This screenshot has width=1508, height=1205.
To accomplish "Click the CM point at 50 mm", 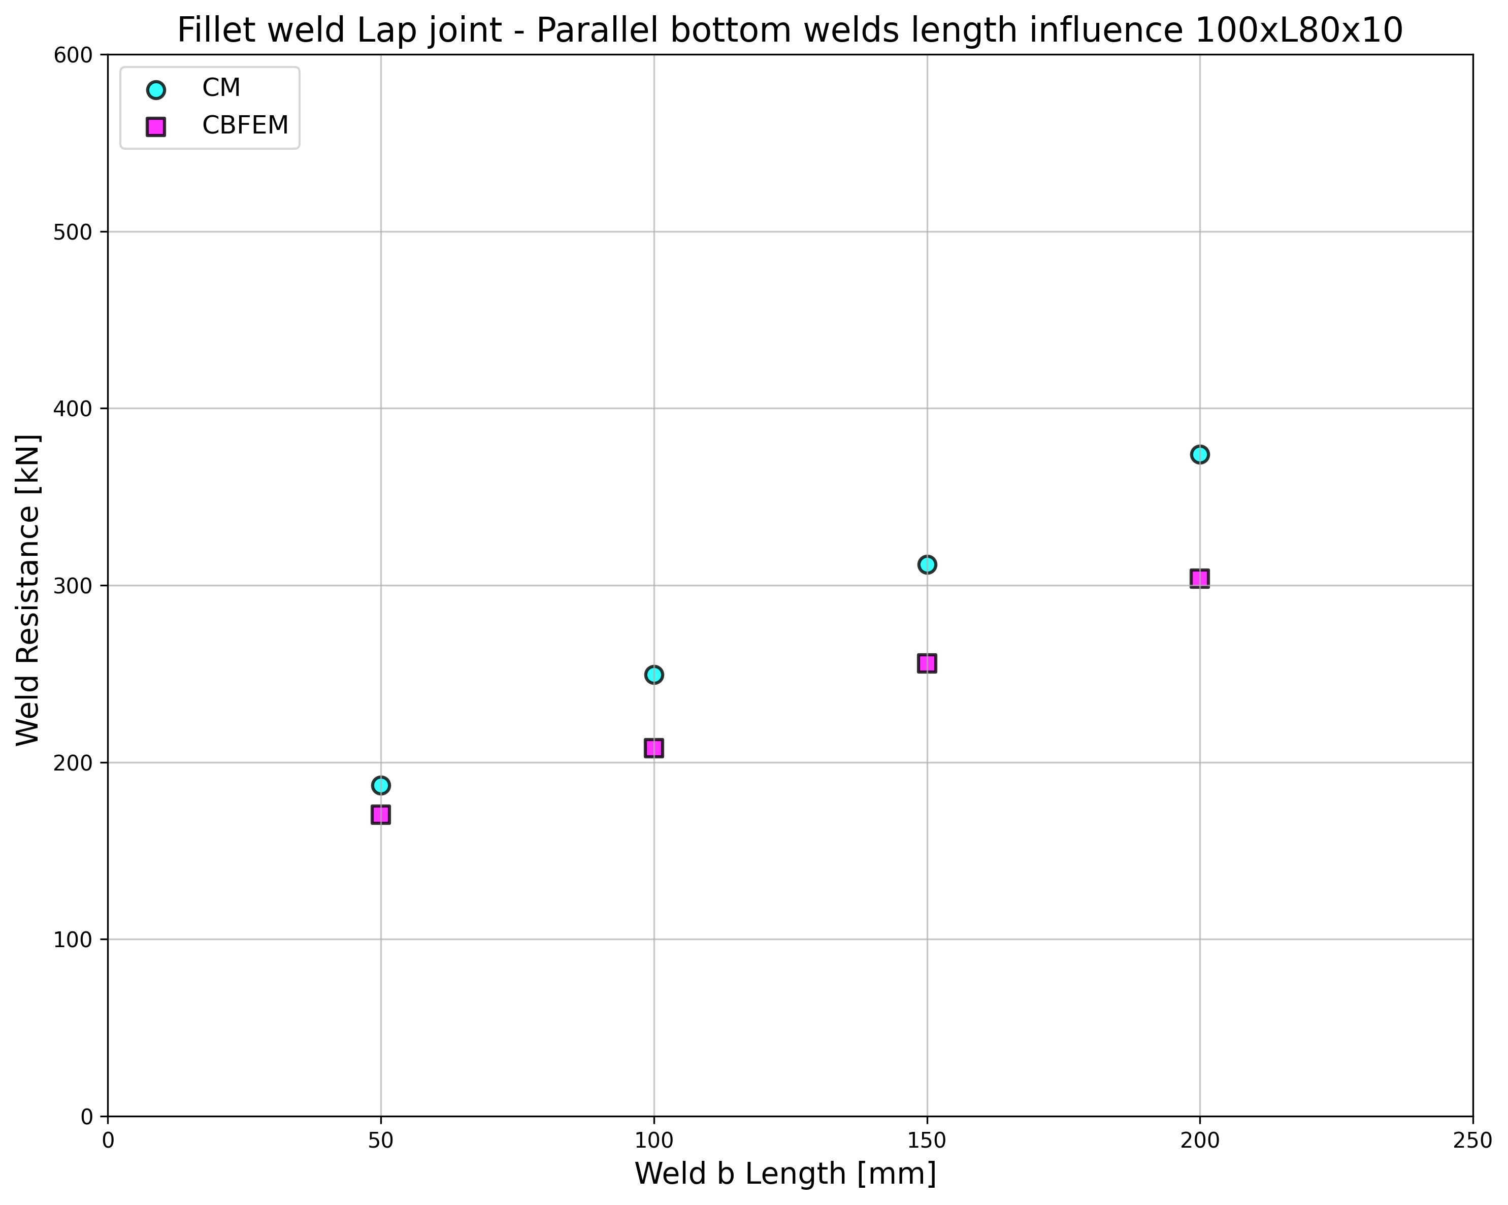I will pyautogui.click(x=380, y=785).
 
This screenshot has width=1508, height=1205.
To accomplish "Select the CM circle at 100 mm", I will pyautogui.click(x=654, y=675).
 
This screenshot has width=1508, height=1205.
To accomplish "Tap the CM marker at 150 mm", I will pyautogui.click(x=927, y=564).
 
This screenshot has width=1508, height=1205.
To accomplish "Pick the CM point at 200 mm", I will pyautogui.click(x=1199, y=455).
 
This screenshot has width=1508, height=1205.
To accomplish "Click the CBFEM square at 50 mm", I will pyautogui.click(x=380, y=815).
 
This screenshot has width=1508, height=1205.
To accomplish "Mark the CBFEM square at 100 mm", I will pyautogui.click(x=654, y=748).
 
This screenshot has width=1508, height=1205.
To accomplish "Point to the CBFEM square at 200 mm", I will pyautogui.click(x=1199, y=578).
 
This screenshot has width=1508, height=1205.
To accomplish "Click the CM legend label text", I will pyautogui.click(x=221, y=88).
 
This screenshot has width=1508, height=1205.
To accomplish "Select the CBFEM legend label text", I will pyautogui.click(x=245, y=126).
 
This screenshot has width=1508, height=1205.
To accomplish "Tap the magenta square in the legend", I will pyautogui.click(x=156, y=126).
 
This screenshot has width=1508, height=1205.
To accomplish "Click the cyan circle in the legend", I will pyautogui.click(x=156, y=89).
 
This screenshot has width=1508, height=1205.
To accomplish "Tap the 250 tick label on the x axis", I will pyautogui.click(x=1472, y=1142).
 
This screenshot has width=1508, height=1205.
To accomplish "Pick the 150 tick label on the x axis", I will pyautogui.click(x=927, y=1142).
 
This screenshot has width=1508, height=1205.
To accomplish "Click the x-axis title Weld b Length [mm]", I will pyautogui.click(x=785, y=1174).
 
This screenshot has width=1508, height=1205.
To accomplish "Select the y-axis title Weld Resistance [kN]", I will pyautogui.click(x=28, y=590).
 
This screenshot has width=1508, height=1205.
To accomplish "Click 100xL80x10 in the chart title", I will pyautogui.click(x=1298, y=31).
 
